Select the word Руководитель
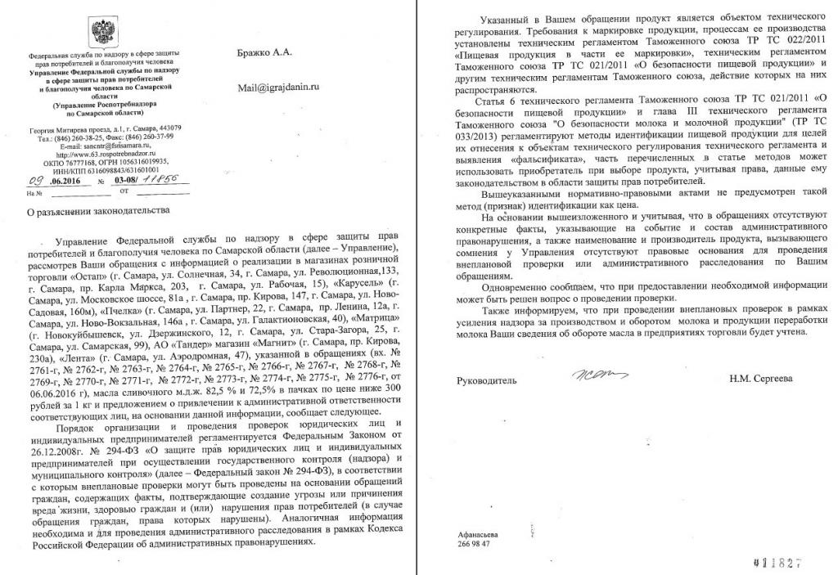[x=487, y=380]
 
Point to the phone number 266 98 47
[x=474, y=544]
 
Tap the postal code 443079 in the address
[x=169, y=128]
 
